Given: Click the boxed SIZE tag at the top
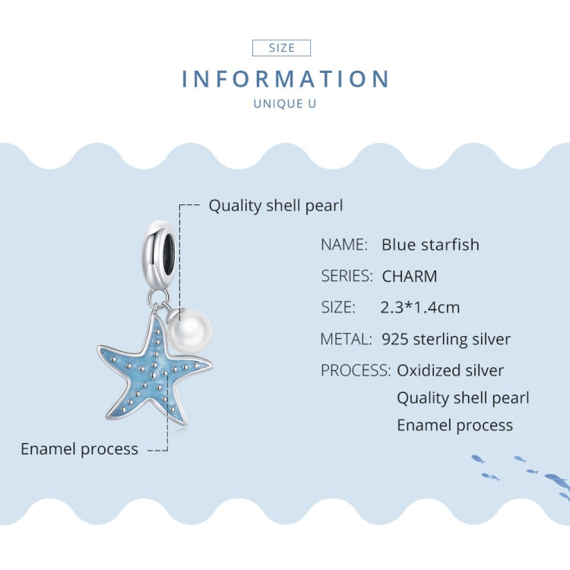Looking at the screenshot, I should coord(281,48).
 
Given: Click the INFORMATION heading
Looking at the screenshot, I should coord(286,79).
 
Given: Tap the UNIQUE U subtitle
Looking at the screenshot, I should coord(284,103).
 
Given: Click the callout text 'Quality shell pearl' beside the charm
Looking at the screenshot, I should coord(276,205).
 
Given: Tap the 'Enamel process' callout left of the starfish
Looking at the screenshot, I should coord(79,449).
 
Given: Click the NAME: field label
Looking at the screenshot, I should coord(344,245).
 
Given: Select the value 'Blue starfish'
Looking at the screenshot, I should coord(430,245).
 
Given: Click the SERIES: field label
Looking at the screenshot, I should coord(347,276).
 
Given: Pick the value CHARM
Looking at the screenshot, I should coord(410,276).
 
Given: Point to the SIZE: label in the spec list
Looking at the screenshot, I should coord(337,307).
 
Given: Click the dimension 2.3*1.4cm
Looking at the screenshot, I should coord(420,307).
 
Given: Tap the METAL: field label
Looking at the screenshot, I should coord(346,339).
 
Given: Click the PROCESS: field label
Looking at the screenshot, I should coord(356,371).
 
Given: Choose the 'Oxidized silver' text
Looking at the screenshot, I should coord(450,371).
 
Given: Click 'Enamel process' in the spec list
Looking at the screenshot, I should coord(454,426).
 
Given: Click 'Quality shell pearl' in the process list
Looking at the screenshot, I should coord(463,398).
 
